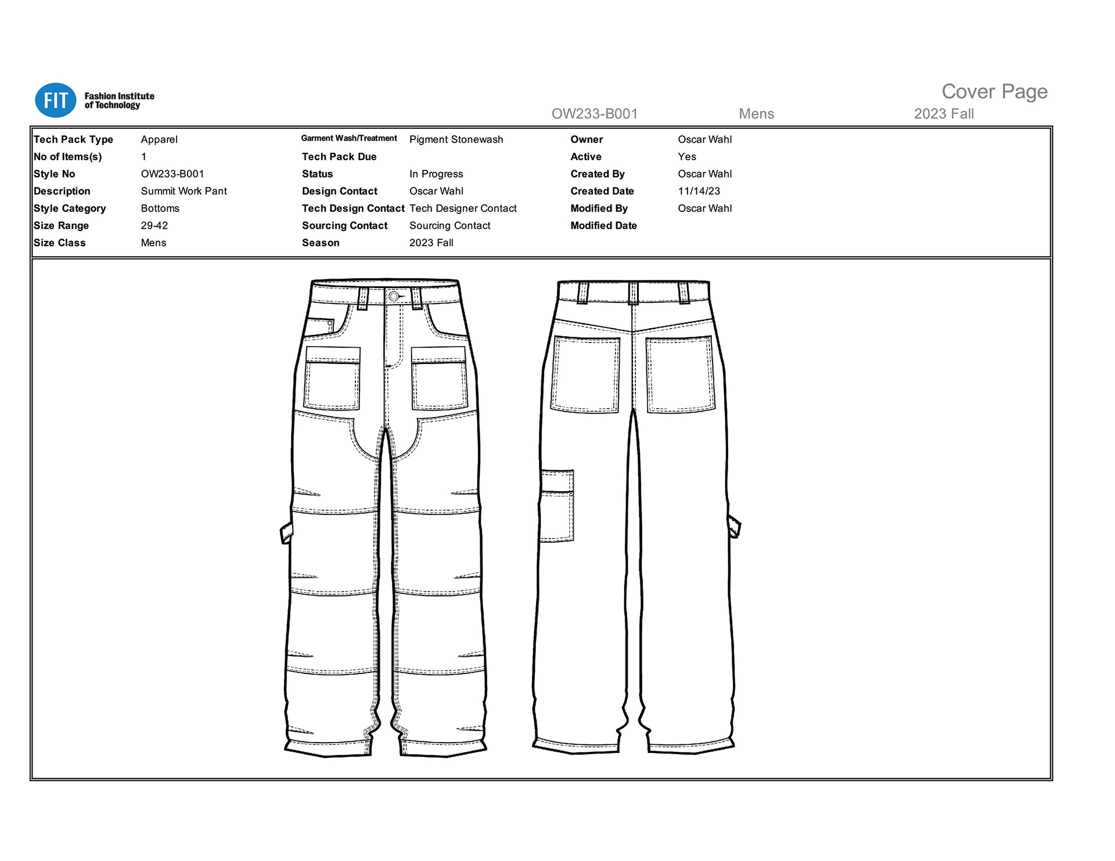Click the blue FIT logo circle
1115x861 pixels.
[56, 100]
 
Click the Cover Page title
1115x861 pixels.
[994, 92]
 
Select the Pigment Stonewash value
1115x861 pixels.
[456, 139]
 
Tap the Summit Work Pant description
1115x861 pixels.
[184, 191]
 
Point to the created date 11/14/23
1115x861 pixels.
[699, 191]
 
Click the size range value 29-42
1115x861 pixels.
[154, 225]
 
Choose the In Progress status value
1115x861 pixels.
[436, 174]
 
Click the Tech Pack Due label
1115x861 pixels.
[339, 157]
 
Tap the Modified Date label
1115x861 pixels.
[603, 225]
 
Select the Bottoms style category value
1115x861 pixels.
[160, 208]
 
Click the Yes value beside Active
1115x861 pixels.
[686, 157]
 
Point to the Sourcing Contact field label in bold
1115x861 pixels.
[344, 225]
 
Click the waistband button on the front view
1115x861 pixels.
[394, 297]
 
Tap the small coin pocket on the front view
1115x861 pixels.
[320, 326]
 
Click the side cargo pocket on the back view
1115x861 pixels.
[557, 506]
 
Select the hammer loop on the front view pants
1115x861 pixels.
[286, 532]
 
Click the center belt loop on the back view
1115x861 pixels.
[633, 293]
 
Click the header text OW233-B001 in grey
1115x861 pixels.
[594, 114]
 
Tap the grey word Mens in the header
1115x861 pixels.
[756, 114]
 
